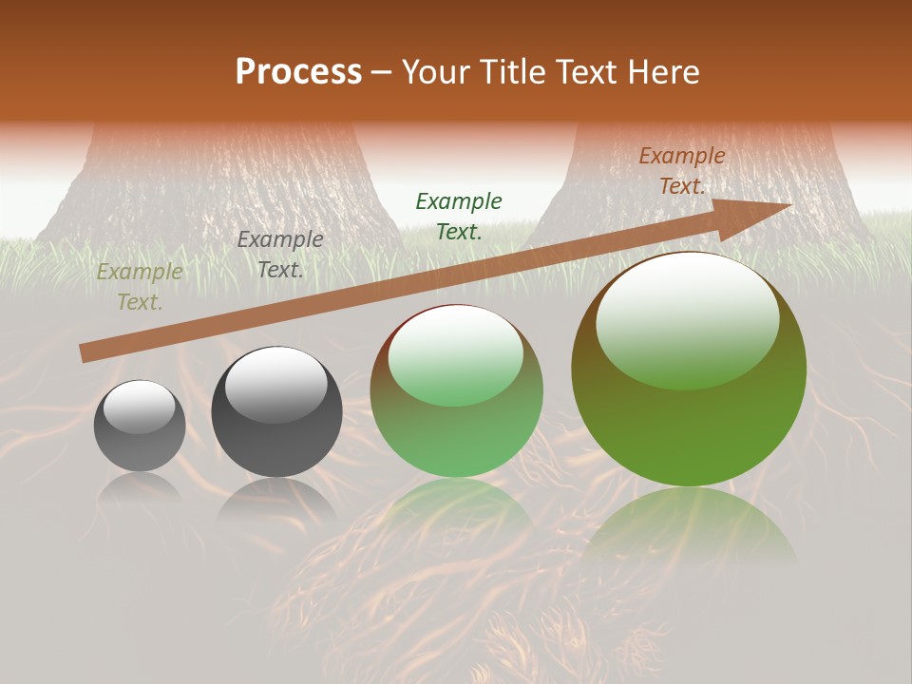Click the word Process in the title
tap(298, 72)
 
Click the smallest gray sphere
tap(140, 426)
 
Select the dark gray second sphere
tap(276, 412)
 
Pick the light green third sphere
tap(457, 391)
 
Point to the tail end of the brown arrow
tap(85, 352)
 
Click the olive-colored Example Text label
tap(140, 287)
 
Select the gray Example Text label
tap(280, 255)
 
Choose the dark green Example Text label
tap(459, 216)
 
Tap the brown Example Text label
tap(682, 171)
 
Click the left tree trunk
tap(218, 190)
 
